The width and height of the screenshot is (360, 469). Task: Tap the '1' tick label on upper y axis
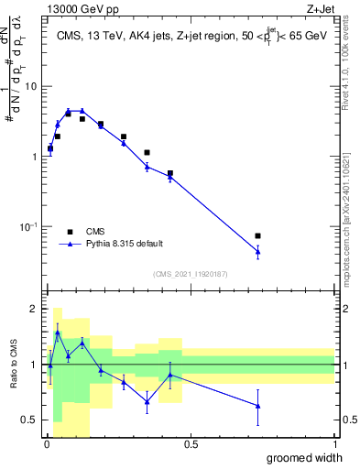tap(34, 157)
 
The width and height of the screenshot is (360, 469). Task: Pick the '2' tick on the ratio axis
tap(34, 310)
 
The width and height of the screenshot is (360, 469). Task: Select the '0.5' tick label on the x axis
tap(191, 444)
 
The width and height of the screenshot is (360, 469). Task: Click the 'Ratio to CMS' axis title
tap(13, 365)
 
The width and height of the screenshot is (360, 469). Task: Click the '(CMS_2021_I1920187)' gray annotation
tap(190, 273)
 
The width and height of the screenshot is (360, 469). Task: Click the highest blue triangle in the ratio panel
tap(57, 333)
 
